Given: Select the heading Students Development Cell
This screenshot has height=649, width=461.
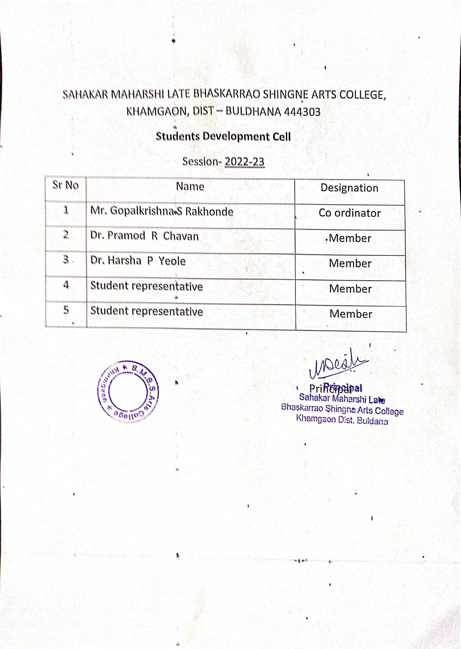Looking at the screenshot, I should (x=223, y=136).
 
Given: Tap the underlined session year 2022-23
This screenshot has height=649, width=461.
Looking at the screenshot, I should (x=244, y=162).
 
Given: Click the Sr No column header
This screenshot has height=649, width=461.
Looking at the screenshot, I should (x=65, y=185).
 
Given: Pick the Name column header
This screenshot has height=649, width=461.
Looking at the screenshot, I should (x=190, y=186).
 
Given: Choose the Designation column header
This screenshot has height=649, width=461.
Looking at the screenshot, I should (x=349, y=188).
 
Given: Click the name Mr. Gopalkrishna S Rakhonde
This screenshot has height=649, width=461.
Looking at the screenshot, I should (x=162, y=211).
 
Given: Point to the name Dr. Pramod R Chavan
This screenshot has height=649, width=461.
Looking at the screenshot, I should (x=144, y=236).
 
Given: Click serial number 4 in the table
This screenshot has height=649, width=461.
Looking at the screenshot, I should (x=66, y=285).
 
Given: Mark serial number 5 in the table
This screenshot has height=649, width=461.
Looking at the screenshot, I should (x=66, y=310).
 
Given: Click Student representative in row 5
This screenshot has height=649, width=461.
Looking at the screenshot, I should (x=146, y=311).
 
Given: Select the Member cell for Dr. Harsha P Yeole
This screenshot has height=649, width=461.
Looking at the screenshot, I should (x=350, y=264).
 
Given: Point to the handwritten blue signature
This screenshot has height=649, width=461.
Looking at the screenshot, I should (x=338, y=364).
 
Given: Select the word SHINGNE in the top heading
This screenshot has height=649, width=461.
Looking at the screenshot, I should (x=286, y=95).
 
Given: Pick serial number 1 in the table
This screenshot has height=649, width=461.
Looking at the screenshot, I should (x=66, y=210).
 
